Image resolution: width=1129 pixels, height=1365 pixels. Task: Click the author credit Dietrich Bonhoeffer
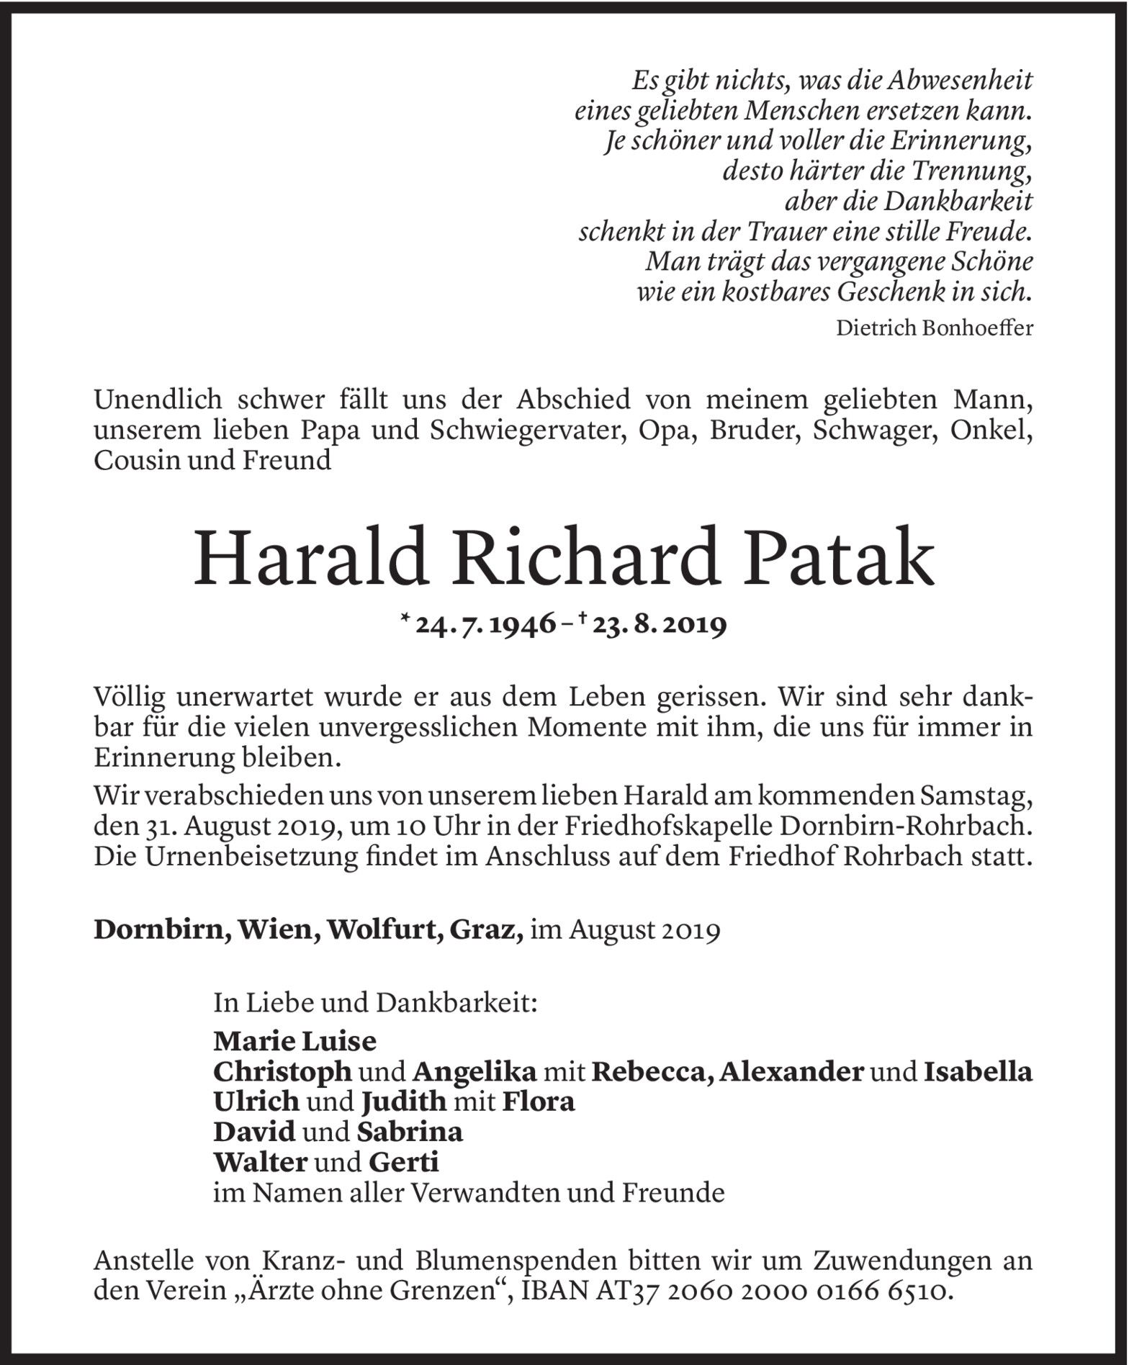click(935, 328)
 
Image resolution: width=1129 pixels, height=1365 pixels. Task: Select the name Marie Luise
click(294, 1041)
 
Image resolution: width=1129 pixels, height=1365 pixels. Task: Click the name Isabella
click(978, 1072)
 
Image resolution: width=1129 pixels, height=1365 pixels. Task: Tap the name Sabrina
click(410, 1132)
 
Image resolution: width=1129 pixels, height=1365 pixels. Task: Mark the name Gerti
click(403, 1163)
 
